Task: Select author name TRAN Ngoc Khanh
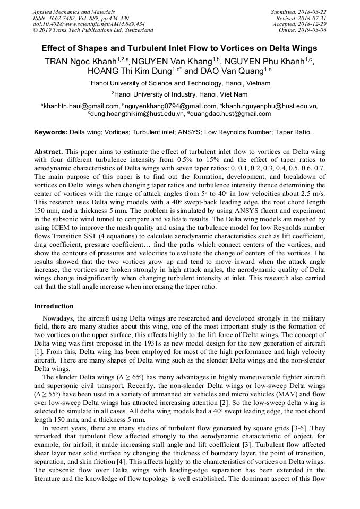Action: (81, 61)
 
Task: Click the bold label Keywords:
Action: (51, 132)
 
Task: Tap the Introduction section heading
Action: (54, 306)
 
